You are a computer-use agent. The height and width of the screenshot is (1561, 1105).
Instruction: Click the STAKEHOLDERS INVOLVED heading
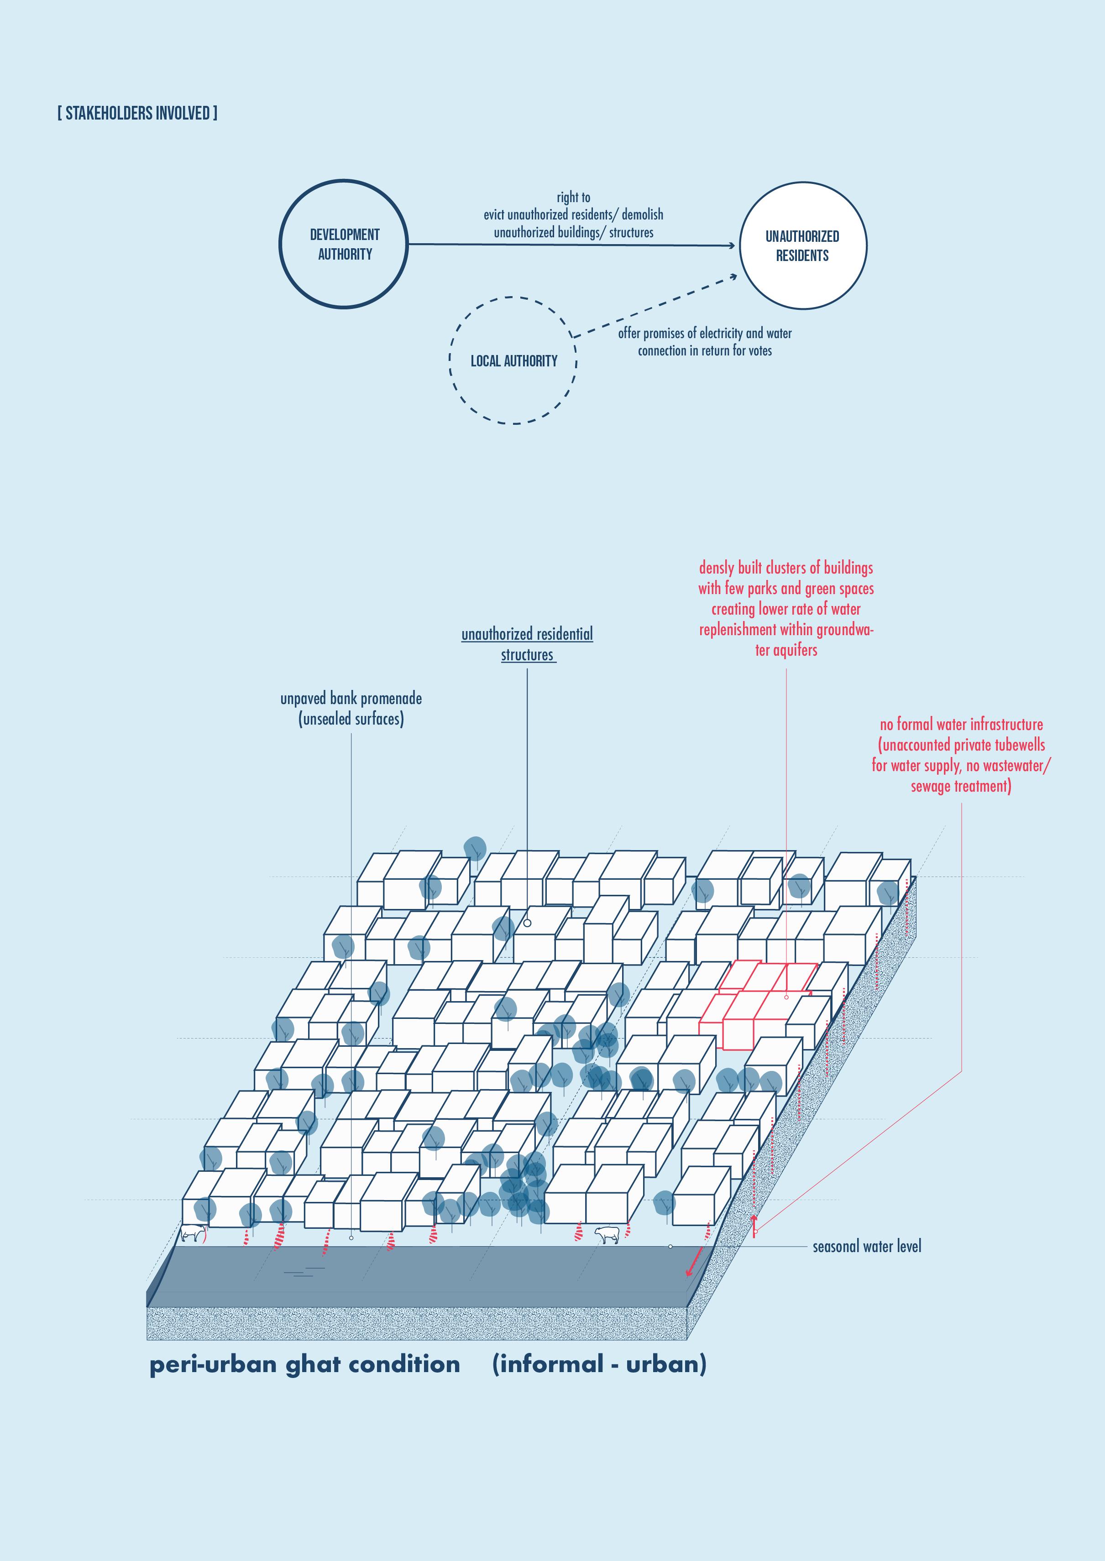pos(137,113)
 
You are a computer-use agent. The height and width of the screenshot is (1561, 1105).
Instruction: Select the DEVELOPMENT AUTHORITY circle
pos(344,244)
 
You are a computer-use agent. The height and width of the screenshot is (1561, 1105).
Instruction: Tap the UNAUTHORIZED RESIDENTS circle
pos(803,245)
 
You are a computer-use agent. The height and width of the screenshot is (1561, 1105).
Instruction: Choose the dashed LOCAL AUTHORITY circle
pos(514,360)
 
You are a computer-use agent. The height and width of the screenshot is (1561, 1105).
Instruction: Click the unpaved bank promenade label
pos(351,708)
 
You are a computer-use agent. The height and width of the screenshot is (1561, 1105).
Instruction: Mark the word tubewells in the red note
pos(1019,745)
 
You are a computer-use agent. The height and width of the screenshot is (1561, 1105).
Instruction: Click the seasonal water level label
pos(867,1247)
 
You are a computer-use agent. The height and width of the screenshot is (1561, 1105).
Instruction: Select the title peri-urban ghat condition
pos(305,1364)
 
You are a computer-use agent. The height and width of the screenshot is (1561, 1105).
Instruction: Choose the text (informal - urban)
pos(599,1364)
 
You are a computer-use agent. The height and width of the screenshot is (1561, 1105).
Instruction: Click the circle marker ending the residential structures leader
pos(527,923)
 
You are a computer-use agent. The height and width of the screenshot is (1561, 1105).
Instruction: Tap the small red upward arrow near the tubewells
pos(754,1221)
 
